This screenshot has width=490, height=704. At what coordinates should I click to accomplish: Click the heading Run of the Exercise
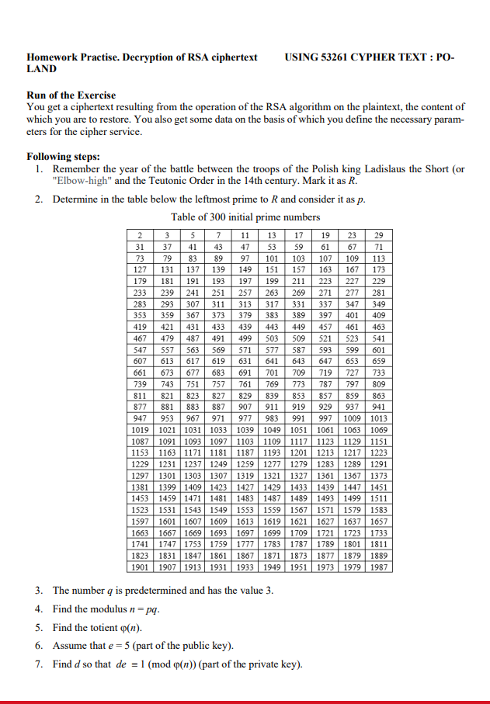[71, 95]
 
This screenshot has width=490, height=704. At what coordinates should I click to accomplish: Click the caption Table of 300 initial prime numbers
[245, 217]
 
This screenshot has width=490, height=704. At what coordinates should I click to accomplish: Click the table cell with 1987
[379, 567]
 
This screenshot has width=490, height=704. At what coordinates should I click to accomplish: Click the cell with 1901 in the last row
[140, 567]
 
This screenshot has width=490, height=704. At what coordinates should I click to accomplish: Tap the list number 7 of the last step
[38, 664]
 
